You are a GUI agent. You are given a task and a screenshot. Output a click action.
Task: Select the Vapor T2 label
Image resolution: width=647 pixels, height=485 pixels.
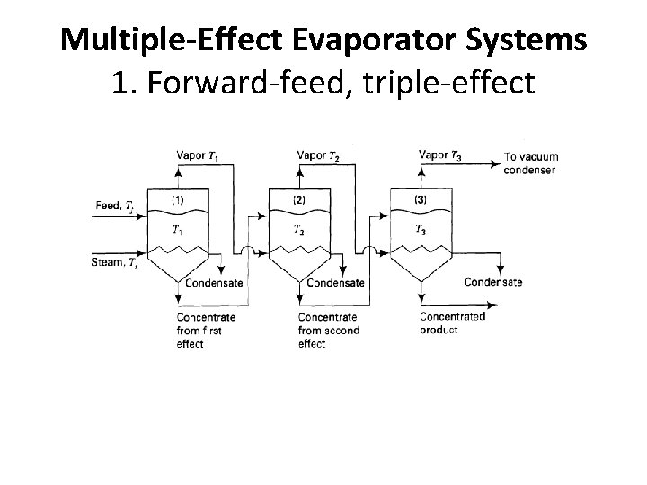(x=318, y=155)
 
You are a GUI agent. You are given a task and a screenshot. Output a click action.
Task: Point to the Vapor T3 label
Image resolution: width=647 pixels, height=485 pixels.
(x=441, y=154)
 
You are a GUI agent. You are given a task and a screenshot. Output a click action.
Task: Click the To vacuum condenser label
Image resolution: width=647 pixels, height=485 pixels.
(x=530, y=163)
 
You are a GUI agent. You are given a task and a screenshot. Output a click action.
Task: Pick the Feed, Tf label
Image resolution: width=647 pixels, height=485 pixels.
(x=114, y=206)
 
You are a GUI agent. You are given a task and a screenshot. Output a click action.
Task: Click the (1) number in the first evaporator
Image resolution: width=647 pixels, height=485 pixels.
(x=177, y=198)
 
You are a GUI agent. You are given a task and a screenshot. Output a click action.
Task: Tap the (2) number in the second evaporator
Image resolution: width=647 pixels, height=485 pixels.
(x=299, y=198)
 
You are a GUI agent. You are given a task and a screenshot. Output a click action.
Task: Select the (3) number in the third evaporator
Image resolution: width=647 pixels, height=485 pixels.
(x=421, y=198)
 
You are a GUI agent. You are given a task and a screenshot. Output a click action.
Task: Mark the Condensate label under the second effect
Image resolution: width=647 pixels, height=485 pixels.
(x=335, y=283)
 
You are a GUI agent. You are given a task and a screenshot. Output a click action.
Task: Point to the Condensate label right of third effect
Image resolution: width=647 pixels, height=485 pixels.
(x=493, y=282)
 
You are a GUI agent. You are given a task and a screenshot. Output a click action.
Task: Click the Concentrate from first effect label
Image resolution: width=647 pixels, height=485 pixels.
(x=206, y=330)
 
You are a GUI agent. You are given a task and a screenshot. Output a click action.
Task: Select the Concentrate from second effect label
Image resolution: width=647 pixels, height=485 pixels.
(x=328, y=330)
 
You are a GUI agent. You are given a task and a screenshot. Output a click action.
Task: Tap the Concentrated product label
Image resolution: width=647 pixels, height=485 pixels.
(x=452, y=323)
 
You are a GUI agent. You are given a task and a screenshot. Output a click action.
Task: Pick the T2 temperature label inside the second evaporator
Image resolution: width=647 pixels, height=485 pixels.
(x=298, y=230)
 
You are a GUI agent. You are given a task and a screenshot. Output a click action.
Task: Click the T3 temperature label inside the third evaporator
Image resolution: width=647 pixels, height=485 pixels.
(x=421, y=230)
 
